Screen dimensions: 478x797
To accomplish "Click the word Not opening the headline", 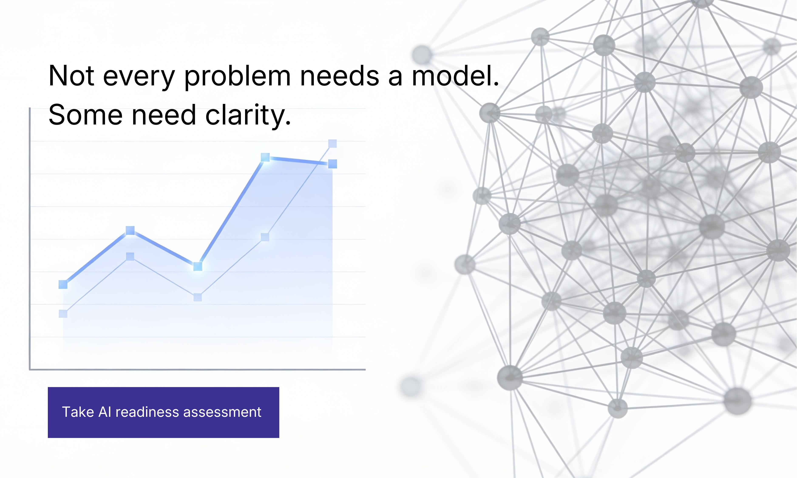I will [x=71, y=76].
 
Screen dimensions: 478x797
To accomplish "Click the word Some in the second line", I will [x=86, y=115].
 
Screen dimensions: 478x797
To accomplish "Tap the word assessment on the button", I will [x=222, y=412].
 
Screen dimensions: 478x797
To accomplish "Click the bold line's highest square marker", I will [x=265, y=157].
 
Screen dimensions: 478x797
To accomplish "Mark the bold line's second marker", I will [x=130, y=230].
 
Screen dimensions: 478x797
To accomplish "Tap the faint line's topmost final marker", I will [x=332, y=144].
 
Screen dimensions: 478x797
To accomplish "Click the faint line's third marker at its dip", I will [x=198, y=297].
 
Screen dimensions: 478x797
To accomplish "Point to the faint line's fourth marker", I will [x=265, y=237].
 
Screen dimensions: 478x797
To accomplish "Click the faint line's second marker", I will [x=130, y=257].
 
